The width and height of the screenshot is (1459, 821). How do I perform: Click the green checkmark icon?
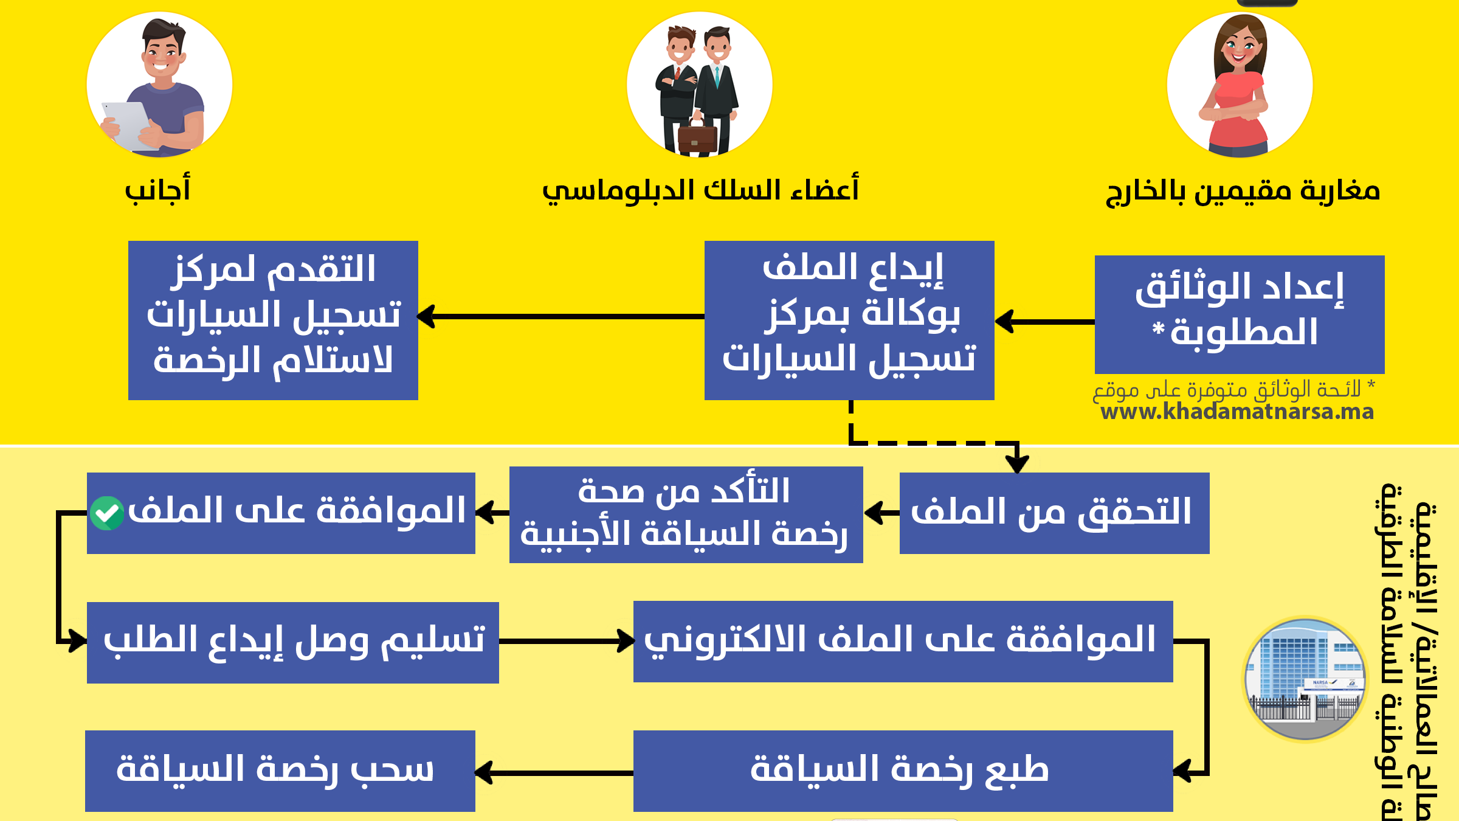coord(107,513)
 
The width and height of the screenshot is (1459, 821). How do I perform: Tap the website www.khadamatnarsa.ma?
coord(1237,412)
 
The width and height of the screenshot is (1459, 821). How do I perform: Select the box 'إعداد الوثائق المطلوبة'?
coord(1239,314)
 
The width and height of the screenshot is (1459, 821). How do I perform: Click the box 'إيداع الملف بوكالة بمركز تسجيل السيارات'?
coord(849,320)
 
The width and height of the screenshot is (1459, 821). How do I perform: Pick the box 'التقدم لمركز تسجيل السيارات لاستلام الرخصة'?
coord(273,320)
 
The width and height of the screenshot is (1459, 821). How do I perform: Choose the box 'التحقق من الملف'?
coord(1054,513)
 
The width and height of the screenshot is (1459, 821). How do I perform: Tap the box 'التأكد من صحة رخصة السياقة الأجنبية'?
coord(686,514)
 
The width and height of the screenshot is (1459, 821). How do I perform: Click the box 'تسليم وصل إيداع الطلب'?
coord(292,642)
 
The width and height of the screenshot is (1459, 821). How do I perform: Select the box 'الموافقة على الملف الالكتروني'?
coord(903,641)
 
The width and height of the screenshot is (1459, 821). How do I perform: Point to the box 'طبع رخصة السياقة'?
coord(903,771)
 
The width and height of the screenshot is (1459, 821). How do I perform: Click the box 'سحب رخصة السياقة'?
coord(280,771)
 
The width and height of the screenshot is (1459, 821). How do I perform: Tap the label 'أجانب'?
coord(158,190)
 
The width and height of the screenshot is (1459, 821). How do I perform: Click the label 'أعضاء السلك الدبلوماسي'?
coord(700,190)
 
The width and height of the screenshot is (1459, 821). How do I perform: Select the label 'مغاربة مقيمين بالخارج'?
coord(1243,191)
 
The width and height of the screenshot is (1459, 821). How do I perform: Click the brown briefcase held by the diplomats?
coord(697,137)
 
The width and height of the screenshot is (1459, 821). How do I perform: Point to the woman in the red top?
coord(1238,85)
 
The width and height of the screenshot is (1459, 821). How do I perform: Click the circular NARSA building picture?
coord(1305,679)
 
